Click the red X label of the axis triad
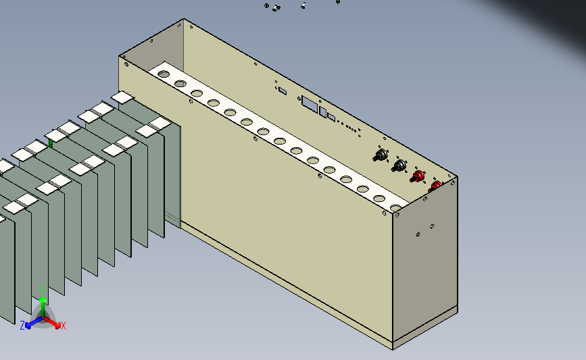pyautogui.click(x=63, y=326)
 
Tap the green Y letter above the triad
pyautogui.click(x=43, y=290)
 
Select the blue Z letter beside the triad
pyautogui.click(x=22, y=326)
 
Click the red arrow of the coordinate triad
pyautogui.click(x=52, y=322)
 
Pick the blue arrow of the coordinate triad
pyautogui.click(x=34, y=322)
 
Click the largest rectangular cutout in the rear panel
pyautogui.click(x=310, y=103)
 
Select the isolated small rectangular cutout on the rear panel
pyautogui.click(x=283, y=91)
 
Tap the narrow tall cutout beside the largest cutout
pyautogui.click(x=323, y=111)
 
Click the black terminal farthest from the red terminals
pyautogui.click(x=381, y=155)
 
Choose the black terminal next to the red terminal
pyautogui.click(x=399, y=165)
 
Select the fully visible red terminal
pyautogui.click(x=418, y=176)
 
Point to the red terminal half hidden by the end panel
pyautogui.click(x=435, y=185)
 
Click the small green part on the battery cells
pyautogui.click(x=51, y=143)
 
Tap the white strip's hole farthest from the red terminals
pyautogui.click(x=164, y=74)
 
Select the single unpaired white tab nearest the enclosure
pyautogui.click(x=122, y=97)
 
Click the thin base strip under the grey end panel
pyautogui.click(x=425, y=328)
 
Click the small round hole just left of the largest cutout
pyautogui.click(x=299, y=99)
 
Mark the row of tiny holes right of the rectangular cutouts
pyautogui.click(x=347, y=126)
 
